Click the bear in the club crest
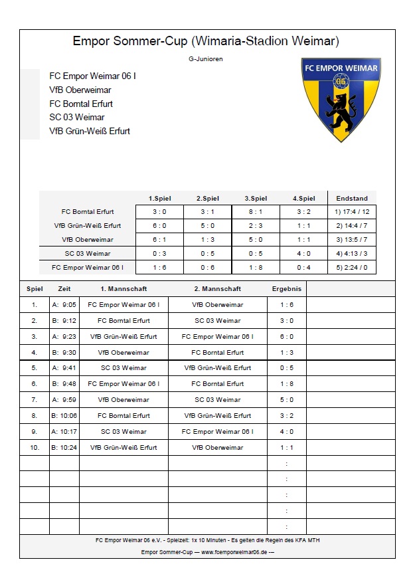point(341,109)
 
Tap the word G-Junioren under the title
point(205,59)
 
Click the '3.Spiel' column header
point(256,199)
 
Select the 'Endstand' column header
point(352,199)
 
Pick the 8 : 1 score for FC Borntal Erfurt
point(256,212)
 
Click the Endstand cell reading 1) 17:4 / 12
point(352,212)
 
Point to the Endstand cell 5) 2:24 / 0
point(352,268)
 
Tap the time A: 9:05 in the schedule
point(64,305)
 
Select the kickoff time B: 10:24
point(64,448)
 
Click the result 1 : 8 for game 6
point(287,384)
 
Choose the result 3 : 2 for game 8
point(287,416)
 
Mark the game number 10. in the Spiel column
point(35,448)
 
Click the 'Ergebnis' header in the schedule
point(287,289)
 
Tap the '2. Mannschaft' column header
point(217,289)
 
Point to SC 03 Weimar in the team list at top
point(77,118)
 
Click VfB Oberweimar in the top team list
point(80,90)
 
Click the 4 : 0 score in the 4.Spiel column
point(303,254)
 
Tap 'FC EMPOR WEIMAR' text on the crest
point(341,68)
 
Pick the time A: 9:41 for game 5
point(64,368)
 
